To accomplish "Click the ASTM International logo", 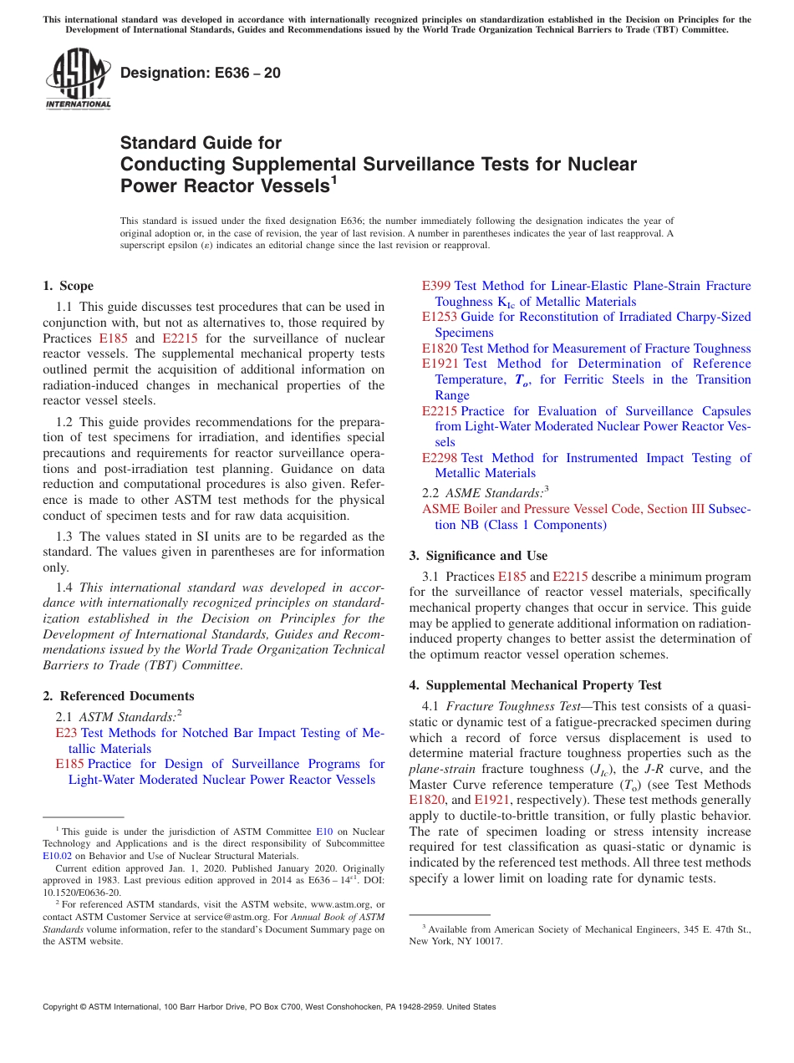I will click(78, 79).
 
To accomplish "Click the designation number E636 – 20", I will click(201, 74).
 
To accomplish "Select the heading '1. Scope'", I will click(69, 286).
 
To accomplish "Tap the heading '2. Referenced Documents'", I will click(119, 696).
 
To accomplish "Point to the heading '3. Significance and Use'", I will click(478, 556).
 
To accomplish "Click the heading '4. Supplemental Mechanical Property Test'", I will click(535, 685).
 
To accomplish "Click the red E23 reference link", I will click(65, 733).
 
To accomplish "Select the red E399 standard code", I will click(436, 286).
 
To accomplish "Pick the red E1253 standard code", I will click(440, 317).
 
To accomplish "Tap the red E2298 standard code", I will click(440, 458).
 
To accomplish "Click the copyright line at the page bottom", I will click(269, 1007).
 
